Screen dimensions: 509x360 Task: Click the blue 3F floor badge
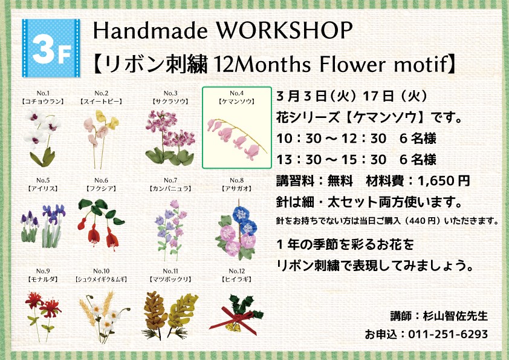click(51, 48)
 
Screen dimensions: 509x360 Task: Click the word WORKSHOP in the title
click(284, 31)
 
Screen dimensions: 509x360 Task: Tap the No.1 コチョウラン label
click(43, 97)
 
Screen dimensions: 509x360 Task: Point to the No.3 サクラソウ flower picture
click(170, 138)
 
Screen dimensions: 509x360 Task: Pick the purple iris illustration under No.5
click(43, 226)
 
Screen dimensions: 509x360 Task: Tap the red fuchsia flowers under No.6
click(101, 224)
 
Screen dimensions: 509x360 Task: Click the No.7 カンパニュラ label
click(170, 185)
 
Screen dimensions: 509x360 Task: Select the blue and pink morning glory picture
click(236, 230)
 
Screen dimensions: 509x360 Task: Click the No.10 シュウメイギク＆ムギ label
click(101, 275)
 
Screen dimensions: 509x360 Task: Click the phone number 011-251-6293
click(448, 334)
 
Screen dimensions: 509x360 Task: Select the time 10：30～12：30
click(331, 139)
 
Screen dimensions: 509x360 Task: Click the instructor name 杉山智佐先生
click(455, 316)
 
